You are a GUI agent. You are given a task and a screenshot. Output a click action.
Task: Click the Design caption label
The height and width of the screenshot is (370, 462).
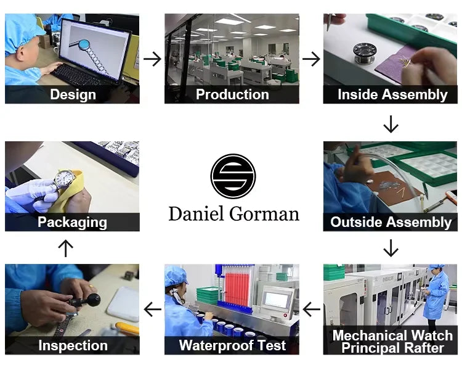coord(73,94)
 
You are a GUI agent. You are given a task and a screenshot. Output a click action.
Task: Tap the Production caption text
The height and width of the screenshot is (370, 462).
coord(232,94)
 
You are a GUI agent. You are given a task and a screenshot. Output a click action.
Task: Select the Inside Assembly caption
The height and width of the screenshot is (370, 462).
coord(392,94)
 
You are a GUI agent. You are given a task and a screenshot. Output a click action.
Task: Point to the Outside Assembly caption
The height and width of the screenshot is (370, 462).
coord(391,222)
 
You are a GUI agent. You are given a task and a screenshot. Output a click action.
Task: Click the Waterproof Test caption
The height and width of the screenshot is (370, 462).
coord(232,345)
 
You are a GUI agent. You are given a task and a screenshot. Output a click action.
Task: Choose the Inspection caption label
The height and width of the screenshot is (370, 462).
coord(73,345)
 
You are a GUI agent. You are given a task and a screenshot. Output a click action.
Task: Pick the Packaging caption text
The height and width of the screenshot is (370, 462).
coord(72,222)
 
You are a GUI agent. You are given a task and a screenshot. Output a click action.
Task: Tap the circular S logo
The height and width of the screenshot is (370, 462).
coord(233,176)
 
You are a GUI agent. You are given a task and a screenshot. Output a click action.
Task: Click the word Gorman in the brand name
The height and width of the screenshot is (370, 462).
coord(265,213)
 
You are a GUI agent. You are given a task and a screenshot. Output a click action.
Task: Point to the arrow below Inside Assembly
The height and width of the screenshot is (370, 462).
coord(391,124)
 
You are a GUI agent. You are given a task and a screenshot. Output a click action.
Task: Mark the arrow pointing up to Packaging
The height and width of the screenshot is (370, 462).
coord(66,248)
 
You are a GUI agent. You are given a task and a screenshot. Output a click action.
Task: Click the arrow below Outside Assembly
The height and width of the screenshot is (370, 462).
coord(391,248)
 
